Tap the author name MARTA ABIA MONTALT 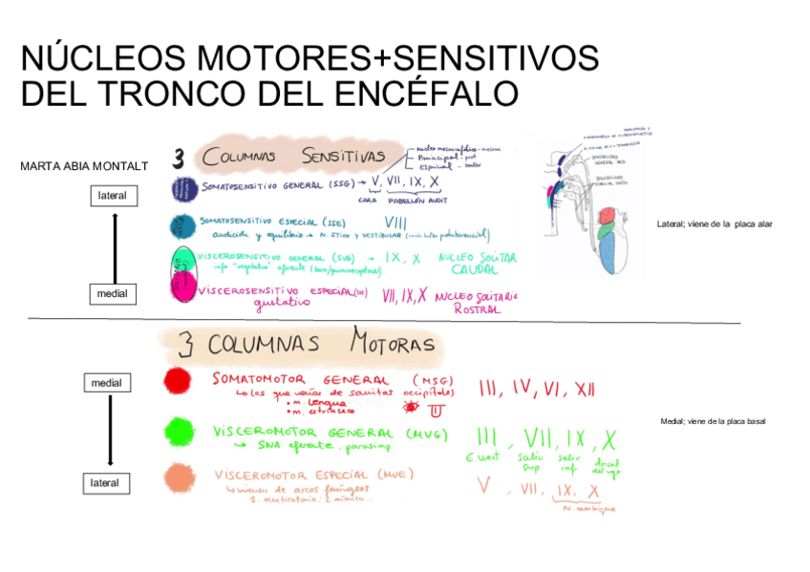pos(84,166)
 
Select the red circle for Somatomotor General pos(177,381)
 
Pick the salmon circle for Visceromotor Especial pos(177,477)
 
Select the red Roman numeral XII pos(584,389)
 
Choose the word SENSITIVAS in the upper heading pos(343,155)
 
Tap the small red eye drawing pos(412,408)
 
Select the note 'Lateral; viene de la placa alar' pos(714,224)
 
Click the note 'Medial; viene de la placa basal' pos(713,421)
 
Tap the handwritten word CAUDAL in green pos(474,270)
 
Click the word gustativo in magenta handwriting pos(283,304)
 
